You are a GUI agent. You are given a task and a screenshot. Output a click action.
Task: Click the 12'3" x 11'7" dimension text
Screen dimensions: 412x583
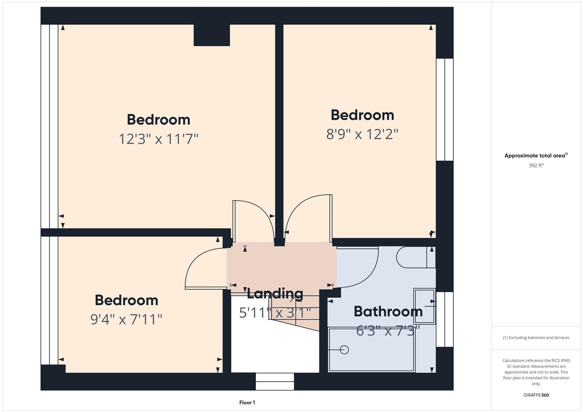point(158,139)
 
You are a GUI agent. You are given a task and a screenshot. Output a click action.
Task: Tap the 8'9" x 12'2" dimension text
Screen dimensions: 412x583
point(362,134)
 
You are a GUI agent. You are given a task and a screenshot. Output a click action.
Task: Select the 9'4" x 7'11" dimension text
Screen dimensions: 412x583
point(126,319)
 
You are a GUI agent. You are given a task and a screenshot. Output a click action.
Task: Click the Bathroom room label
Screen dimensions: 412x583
point(388,311)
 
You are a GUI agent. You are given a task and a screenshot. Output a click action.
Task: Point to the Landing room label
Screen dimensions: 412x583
point(275,293)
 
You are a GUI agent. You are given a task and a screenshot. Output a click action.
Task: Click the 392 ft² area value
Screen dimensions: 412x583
point(536,166)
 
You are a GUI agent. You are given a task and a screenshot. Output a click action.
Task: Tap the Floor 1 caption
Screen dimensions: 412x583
point(247,402)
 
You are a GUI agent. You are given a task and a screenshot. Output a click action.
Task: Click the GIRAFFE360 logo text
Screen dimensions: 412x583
point(536,395)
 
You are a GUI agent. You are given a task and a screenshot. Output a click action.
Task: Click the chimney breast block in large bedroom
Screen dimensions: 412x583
point(212,35)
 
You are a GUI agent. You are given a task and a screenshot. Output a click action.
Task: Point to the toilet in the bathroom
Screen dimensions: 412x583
point(414,257)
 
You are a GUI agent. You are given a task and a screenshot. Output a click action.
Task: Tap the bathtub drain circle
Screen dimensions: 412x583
point(344,349)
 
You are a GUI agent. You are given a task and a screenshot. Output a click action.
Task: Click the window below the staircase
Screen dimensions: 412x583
point(275,381)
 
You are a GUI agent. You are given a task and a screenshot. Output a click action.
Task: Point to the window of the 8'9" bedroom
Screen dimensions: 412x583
point(445,109)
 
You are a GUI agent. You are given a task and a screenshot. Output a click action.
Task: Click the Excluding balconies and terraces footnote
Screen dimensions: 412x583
point(536,338)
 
